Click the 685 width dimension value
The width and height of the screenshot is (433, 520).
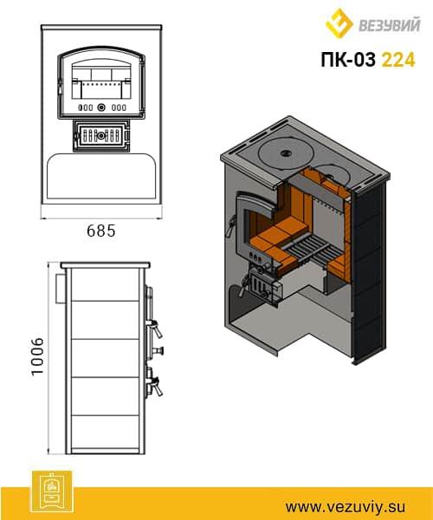(x=101, y=231)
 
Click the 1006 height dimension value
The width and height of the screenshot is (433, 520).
(x=37, y=356)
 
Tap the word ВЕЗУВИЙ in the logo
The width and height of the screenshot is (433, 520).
(x=390, y=24)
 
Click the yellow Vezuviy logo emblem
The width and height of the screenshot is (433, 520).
(x=339, y=23)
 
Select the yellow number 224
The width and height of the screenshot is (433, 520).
(x=398, y=60)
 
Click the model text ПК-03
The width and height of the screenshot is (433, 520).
(x=348, y=60)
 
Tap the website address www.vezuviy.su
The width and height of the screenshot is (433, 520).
(x=346, y=507)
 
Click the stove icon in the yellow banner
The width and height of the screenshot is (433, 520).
(x=52, y=491)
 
